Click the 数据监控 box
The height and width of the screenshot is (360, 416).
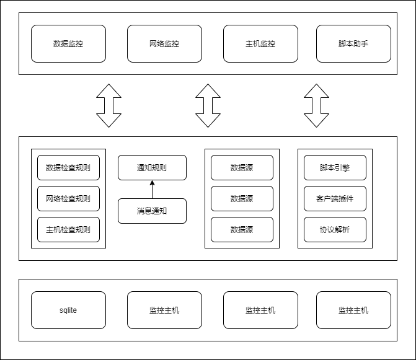click(68, 44)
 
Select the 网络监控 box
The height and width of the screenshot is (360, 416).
click(164, 44)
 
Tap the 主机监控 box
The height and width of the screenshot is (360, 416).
click(260, 44)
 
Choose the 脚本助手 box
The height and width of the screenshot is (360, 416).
click(353, 44)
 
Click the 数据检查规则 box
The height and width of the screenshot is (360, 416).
click(68, 167)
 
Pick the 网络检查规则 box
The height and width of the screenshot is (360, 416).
click(68, 198)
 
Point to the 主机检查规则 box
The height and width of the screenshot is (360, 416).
click(68, 229)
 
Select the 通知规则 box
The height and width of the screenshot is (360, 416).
click(152, 167)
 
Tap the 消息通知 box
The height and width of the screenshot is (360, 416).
click(152, 211)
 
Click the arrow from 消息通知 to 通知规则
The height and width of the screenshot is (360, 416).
click(152, 189)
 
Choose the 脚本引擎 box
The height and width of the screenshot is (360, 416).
click(335, 167)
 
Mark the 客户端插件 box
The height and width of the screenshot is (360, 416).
click(335, 198)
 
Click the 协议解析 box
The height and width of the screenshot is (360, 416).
click(335, 229)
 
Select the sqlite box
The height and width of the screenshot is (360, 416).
click(68, 310)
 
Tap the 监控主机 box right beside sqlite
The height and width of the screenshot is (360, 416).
click(164, 310)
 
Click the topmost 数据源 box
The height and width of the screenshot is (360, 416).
click(242, 167)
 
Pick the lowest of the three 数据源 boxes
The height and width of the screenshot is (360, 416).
click(242, 229)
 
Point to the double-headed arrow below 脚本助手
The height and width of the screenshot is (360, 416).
click(316, 105)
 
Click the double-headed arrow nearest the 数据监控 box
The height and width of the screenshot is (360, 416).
click(109, 105)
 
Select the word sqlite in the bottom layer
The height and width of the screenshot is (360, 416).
click(68, 310)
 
